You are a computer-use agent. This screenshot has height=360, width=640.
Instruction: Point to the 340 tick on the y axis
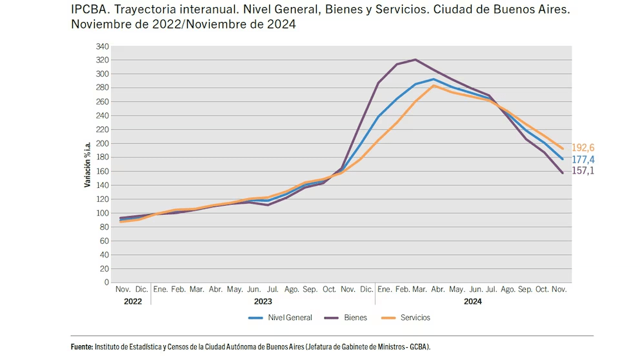(102, 46)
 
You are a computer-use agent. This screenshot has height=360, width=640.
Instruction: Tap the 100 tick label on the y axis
(102, 213)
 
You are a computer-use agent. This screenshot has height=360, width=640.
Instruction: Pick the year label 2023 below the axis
(263, 301)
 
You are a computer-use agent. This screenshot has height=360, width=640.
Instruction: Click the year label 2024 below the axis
(472, 301)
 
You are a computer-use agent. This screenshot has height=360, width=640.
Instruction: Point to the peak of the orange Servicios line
(435, 86)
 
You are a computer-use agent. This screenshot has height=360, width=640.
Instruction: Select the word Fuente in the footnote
(82, 347)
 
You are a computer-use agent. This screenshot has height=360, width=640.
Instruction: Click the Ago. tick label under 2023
(292, 290)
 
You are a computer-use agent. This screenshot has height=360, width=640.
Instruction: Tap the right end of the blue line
(563, 159)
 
